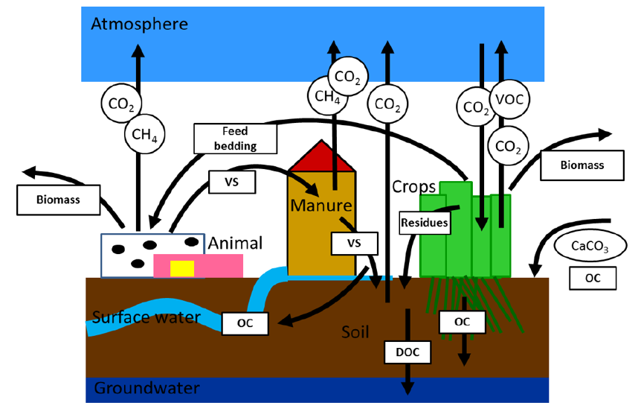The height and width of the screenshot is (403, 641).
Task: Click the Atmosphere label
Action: [139, 24]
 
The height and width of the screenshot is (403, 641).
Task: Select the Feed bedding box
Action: [235, 139]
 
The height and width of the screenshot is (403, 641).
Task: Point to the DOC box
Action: [408, 352]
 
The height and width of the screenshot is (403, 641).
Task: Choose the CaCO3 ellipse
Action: [586, 244]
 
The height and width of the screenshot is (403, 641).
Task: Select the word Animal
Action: [235, 243]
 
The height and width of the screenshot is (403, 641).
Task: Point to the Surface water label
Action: [146, 318]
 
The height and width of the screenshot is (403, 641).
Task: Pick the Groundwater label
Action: [147, 388]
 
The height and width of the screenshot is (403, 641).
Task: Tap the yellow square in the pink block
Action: [182, 268]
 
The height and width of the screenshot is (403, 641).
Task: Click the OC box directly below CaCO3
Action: [593, 279]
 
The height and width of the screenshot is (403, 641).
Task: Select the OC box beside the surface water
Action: [246, 323]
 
